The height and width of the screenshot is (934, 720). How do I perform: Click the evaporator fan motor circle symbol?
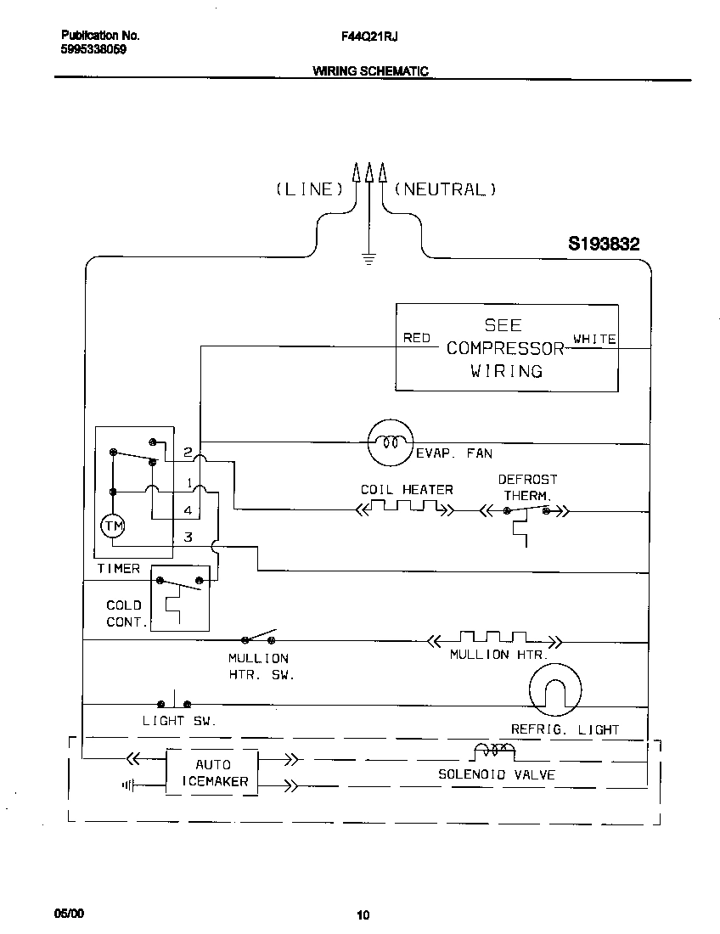click(390, 442)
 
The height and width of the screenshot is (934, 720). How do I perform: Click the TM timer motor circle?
click(113, 526)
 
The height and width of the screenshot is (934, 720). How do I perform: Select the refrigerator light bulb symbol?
click(554, 689)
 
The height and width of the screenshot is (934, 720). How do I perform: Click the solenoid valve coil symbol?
click(493, 751)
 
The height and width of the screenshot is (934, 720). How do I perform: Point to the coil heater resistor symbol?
click(404, 509)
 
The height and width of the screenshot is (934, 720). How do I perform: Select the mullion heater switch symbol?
click(260, 638)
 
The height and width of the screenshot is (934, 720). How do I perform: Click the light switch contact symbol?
click(174, 703)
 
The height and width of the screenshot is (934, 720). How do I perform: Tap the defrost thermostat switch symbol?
click(526, 512)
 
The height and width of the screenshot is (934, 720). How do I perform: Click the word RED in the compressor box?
click(417, 338)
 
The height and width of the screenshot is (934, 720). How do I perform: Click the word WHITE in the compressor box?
click(594, 338)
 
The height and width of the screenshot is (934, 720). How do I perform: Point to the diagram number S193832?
click(604, 244)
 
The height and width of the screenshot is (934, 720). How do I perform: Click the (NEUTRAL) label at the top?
click(445, 189)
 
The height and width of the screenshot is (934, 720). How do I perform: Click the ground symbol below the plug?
click(368, 258)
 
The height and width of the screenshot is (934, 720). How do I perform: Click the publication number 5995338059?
click(94, 50)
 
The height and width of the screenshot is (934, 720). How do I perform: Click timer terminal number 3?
click(188, 537)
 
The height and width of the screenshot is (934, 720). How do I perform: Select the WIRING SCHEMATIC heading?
click(370, 72)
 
